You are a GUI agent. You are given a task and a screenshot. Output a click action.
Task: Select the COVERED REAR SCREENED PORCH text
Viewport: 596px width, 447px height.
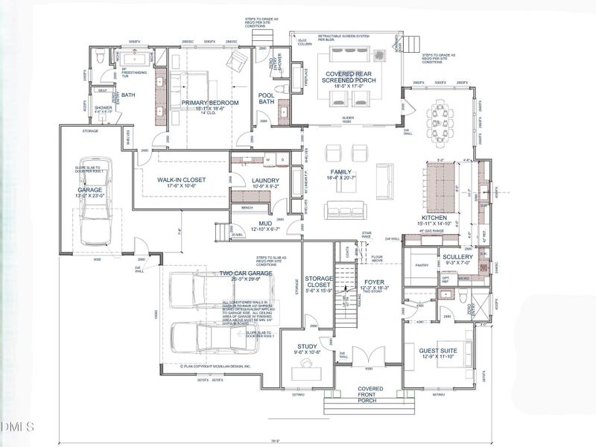348,77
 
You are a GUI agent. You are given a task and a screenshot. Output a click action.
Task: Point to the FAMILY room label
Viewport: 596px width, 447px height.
341,172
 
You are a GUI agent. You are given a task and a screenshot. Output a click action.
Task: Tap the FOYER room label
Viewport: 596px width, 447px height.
375,282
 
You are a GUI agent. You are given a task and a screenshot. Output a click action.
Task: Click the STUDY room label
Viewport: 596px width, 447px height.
307,346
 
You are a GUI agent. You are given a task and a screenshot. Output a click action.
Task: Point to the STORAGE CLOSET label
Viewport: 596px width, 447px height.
319,282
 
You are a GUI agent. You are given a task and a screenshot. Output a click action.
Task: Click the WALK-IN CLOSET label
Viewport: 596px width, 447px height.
181,180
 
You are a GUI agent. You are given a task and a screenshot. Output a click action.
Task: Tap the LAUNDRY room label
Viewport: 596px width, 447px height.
266,180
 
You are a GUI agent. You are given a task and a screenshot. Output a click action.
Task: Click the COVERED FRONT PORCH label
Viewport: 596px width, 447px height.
370,393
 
